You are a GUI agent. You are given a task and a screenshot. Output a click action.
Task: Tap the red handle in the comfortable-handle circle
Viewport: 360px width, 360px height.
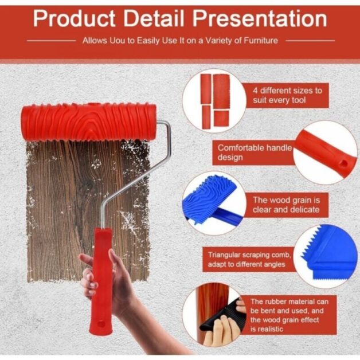(x=324, y=151)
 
